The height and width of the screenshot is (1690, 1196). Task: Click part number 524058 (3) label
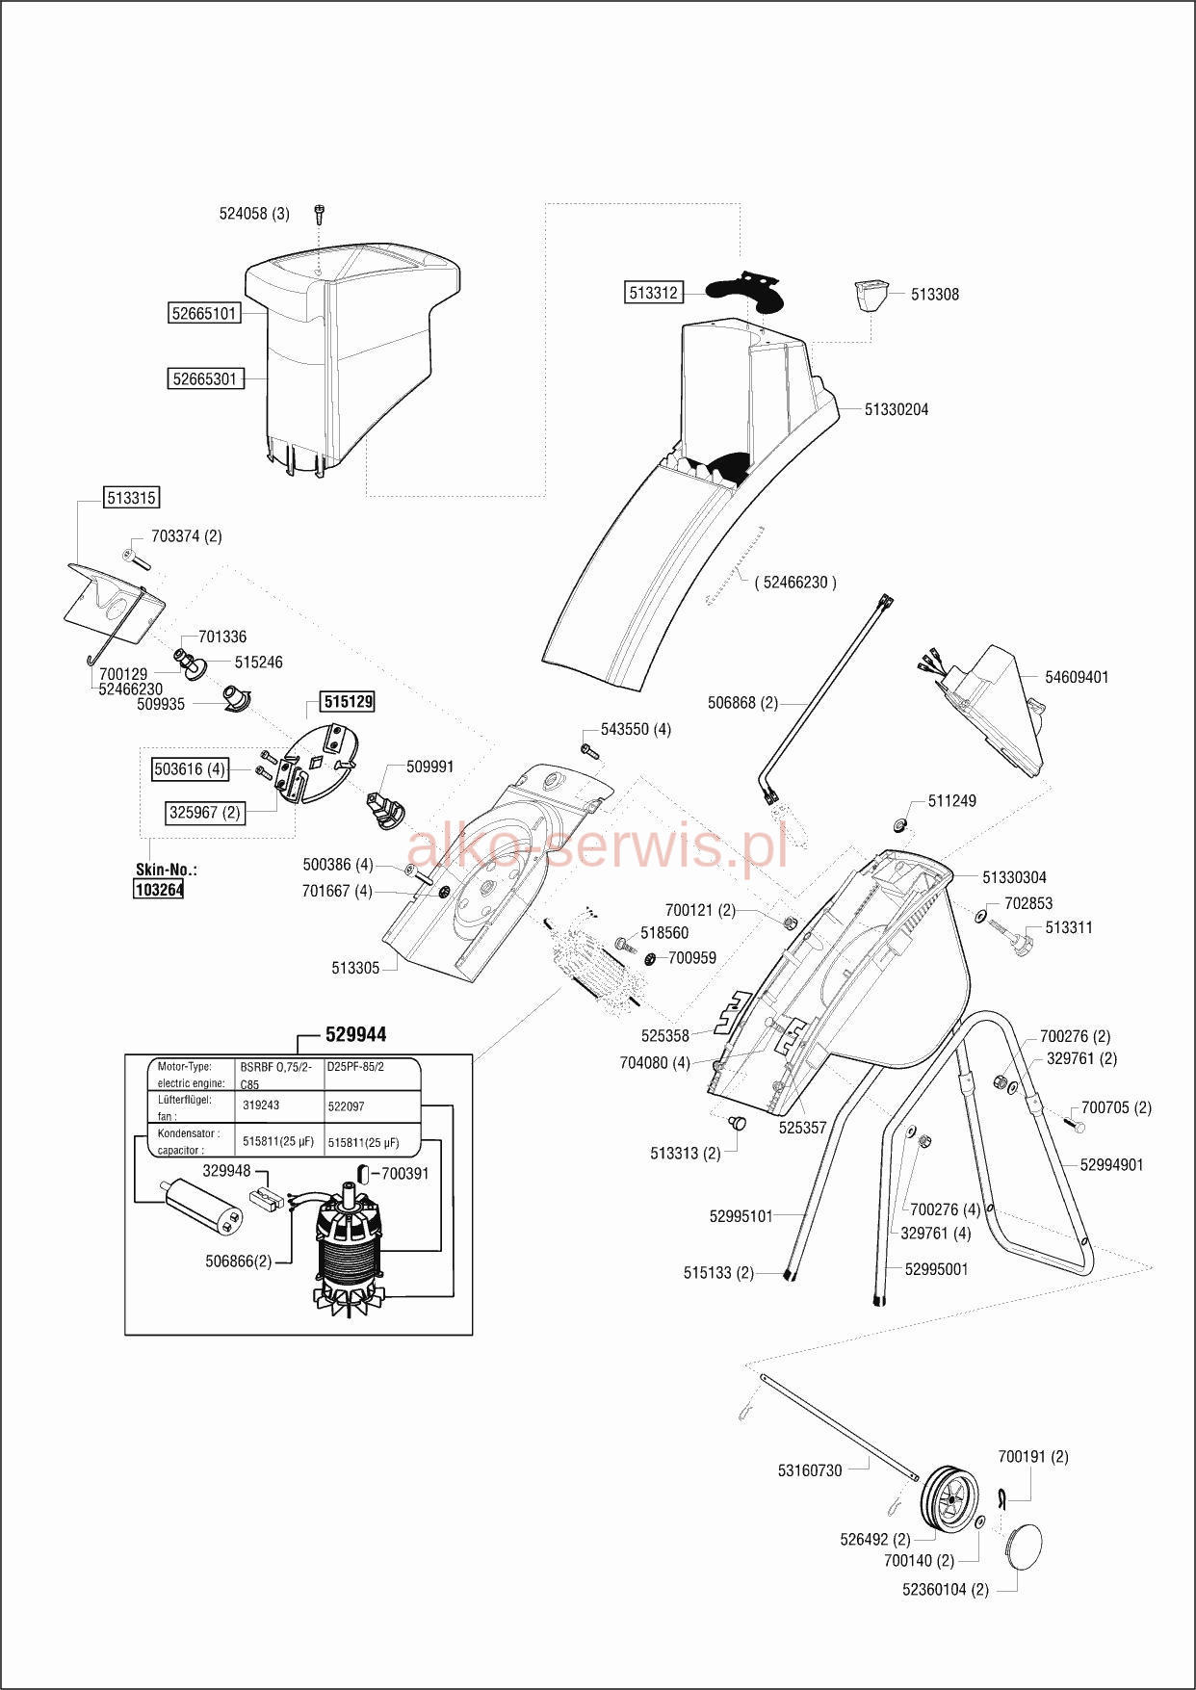254,214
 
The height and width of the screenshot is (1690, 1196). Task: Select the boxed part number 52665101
204,313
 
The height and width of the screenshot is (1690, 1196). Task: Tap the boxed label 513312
654,293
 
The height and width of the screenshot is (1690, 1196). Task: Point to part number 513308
935,295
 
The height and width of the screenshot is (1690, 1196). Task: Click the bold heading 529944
356,1034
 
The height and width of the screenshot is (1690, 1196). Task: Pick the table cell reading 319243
261,1106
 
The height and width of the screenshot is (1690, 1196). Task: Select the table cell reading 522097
346,1106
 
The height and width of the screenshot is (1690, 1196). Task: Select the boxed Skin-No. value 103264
158,890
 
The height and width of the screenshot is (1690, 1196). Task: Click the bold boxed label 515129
349,703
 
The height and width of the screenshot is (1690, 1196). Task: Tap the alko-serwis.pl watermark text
597,845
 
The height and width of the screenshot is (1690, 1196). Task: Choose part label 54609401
1077,678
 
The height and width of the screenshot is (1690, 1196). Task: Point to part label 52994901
1111,1165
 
